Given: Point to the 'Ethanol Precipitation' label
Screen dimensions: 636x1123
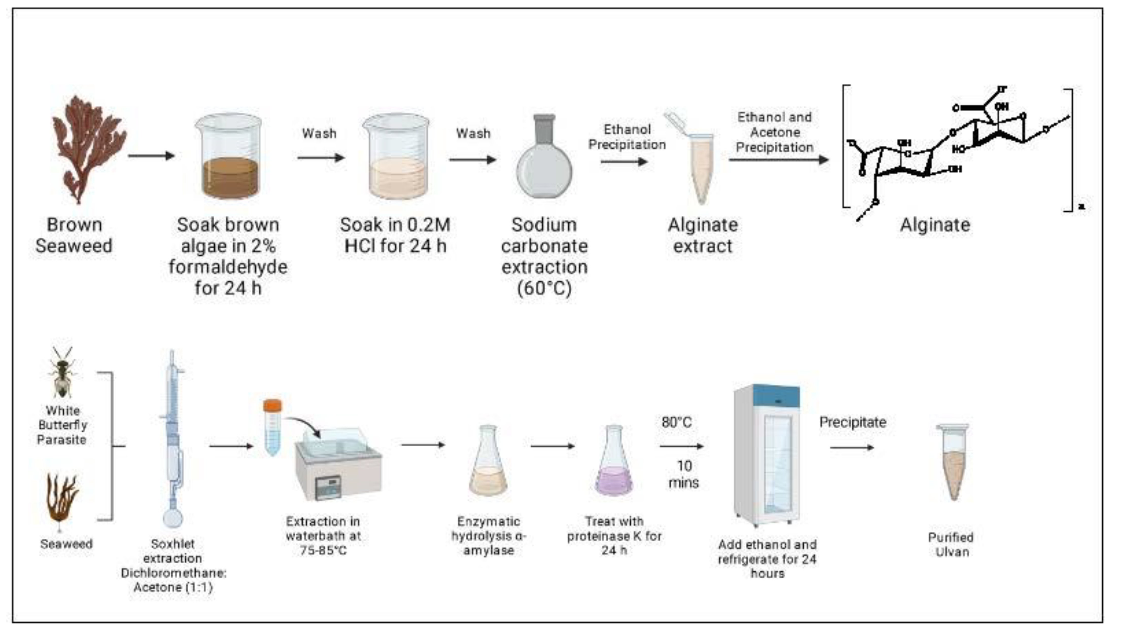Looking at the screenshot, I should coord(627,137).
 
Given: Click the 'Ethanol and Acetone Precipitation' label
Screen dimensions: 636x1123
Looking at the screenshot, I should coord(774,132).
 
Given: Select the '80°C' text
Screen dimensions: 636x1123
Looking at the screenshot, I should coord(676,422).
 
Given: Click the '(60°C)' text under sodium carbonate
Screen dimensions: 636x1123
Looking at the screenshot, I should coord(544,288).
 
